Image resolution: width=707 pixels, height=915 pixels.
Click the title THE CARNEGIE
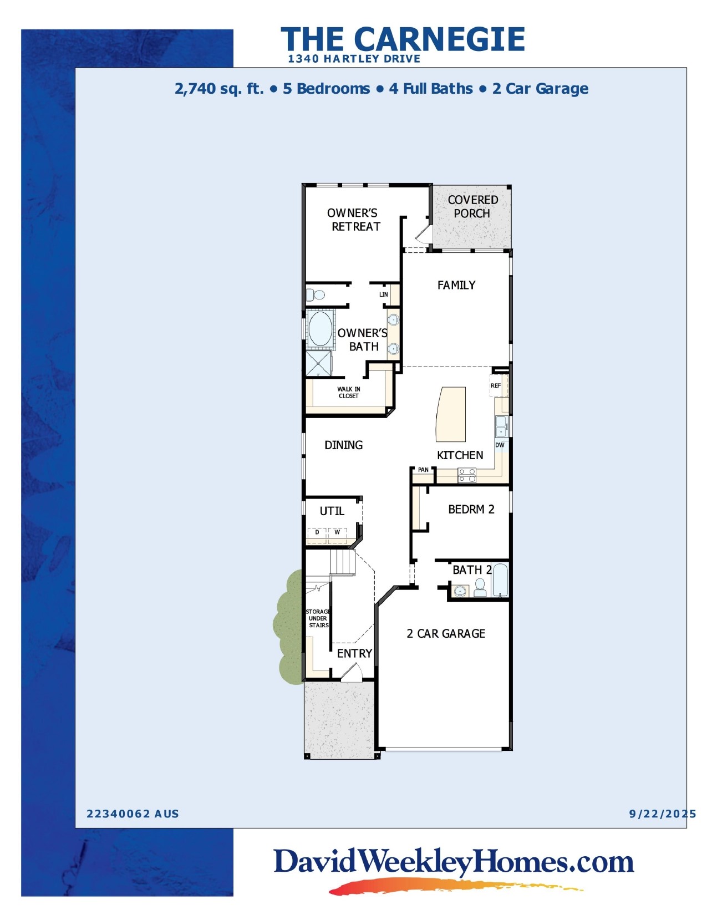tap(403, 39)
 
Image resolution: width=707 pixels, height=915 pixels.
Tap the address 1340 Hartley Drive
tap(354, 59)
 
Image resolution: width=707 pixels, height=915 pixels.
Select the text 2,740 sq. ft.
tap(219, 89)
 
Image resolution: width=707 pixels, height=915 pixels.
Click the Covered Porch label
tap(472, 206)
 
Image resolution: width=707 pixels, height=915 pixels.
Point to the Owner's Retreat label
tap(354, 220)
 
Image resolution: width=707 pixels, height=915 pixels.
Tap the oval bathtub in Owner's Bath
tap(320, 328)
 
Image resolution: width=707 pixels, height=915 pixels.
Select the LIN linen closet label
tap(384, 294)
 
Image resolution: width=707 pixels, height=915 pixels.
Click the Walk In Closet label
tap(349, 393)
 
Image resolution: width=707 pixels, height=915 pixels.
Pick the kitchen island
tap(450, 413)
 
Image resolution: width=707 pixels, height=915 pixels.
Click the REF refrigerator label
tap(496, 385)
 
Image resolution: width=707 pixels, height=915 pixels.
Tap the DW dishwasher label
tap(500, 445)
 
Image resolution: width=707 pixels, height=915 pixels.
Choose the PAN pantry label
tap(423, 470)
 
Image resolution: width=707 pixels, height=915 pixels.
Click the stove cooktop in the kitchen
tap(467, 475)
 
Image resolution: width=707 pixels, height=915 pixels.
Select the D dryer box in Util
tap(317, 533)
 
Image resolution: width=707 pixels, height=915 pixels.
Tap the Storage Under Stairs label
tap(318, 618)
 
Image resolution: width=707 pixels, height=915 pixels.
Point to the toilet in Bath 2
tap(480, 587)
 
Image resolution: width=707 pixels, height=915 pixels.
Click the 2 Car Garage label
tap(446, 633)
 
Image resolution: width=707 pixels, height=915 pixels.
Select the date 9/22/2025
tap(662, 814)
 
